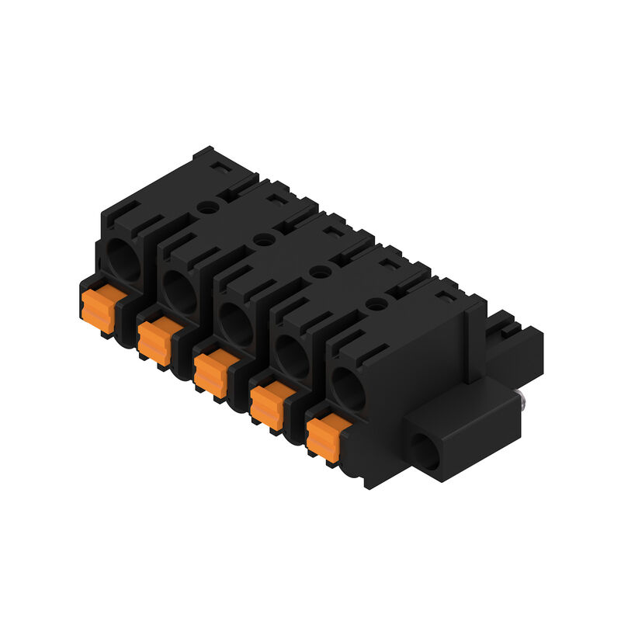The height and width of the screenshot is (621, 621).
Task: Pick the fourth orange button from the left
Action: coord(268,404)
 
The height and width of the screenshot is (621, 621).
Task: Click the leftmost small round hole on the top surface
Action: coord(206,207)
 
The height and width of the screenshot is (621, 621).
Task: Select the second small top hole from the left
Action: coord(263,240)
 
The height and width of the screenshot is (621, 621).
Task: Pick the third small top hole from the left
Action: coord(319,272)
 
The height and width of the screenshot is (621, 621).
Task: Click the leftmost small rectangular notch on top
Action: coord(220,167)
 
